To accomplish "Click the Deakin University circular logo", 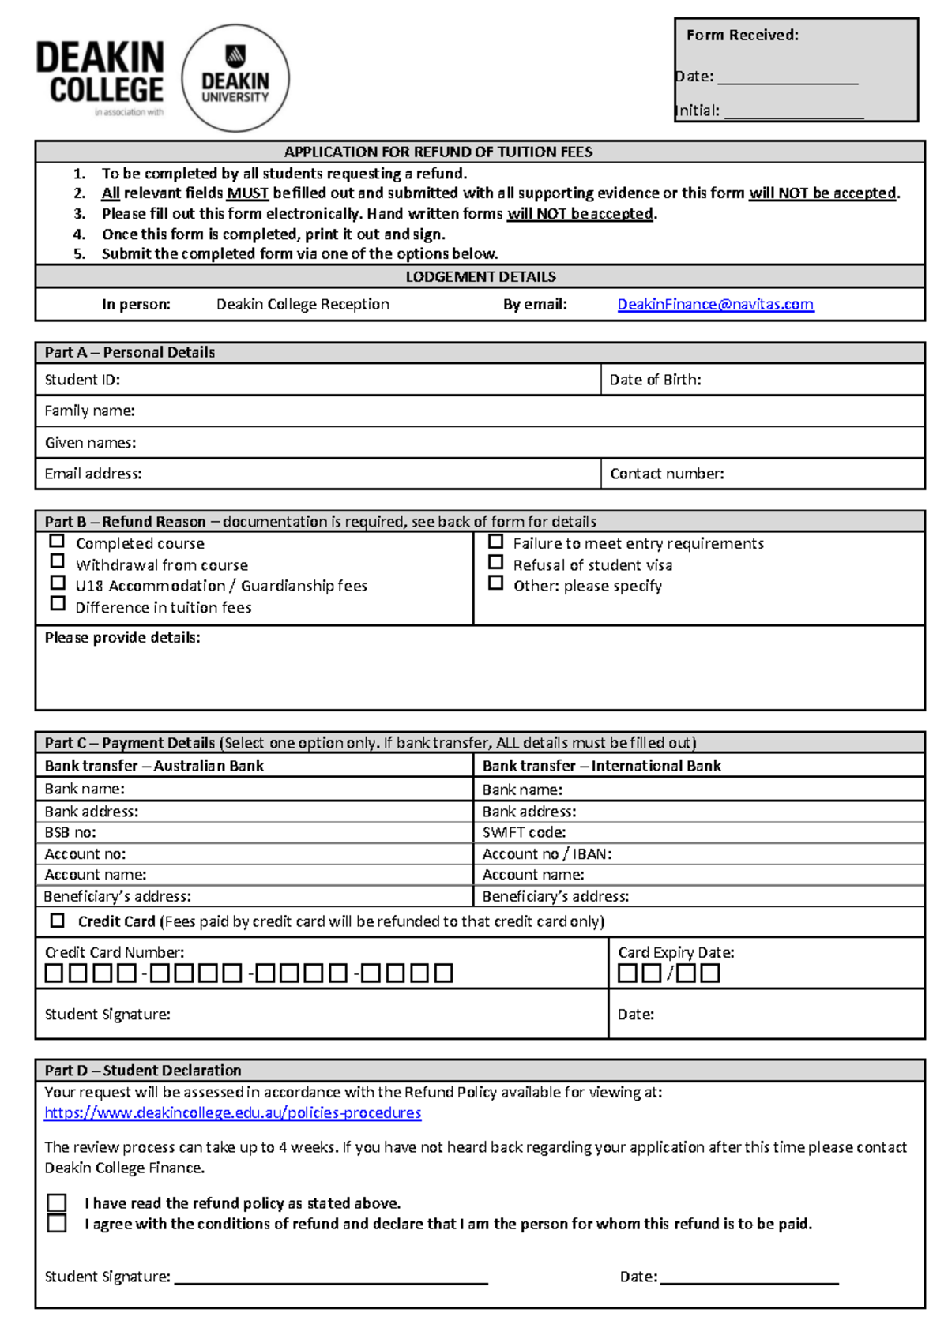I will coord(235,78).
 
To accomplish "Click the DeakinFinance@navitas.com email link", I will coord(715,304).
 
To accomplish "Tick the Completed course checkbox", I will coord(57,541).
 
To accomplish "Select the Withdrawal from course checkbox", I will coord(57,561).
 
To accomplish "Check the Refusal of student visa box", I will coord(495,562).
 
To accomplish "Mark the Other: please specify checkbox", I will coord(495,583).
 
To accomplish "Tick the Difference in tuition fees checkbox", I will coord(57,604).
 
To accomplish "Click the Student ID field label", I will coord(82,380).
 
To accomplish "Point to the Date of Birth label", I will coord(655,380).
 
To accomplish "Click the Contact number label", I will coord(666,474).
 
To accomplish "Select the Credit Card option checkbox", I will coord(57,921).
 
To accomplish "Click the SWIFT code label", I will coord(524,832).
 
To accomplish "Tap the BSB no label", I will coord(70,832).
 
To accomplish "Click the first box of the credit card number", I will coord(54,973).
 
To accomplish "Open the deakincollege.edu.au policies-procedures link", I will coord(232,1112).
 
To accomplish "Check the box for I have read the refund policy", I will coord(57,1202).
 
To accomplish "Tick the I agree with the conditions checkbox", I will coord(57,1223).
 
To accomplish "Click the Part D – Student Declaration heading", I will coord(142,1071).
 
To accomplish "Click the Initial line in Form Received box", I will coord(793,111).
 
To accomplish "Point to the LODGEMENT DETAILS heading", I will coord(480,277).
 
